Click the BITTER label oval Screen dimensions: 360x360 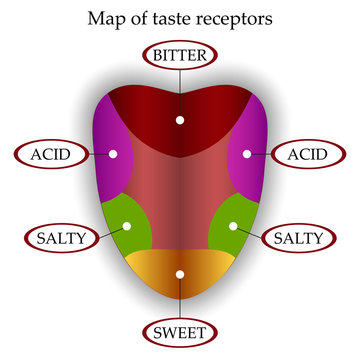point(180,55)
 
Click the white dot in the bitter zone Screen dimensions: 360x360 point(180,119)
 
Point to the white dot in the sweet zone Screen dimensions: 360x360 point(180,273)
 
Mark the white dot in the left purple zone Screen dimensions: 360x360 point(114,154)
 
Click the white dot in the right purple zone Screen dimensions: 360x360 point(246,154)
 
